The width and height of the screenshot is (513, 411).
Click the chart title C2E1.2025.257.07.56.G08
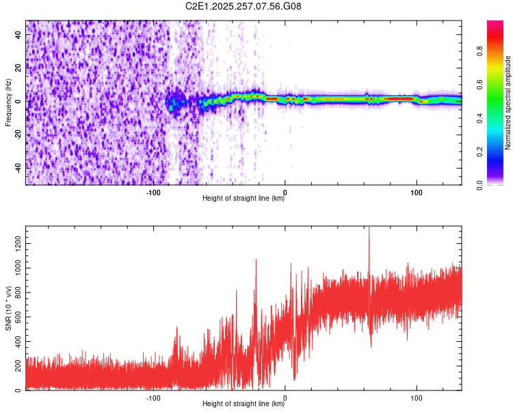coord(244,6)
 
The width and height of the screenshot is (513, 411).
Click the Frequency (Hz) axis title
coord(8,102)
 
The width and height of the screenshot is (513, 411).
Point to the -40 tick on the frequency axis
coord(17,166)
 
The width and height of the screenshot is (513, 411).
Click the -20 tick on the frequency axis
coord(17,134)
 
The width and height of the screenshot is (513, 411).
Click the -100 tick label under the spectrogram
coord(153,192)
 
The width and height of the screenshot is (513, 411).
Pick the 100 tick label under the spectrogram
coord(416,192)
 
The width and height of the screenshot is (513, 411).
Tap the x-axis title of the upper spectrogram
coord(244,199)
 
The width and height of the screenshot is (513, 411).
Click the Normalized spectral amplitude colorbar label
coord(508,102)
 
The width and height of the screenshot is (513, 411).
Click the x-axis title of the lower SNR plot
coord(244,404)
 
